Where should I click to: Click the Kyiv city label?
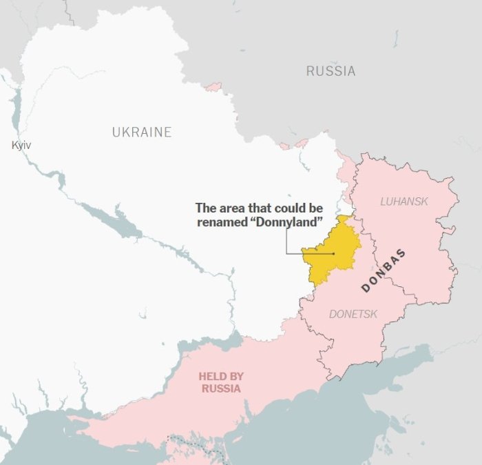coord(21,145)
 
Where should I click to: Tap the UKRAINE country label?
coord(142,132)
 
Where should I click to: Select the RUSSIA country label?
coord(331,70)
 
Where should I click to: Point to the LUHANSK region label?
coord(404,201)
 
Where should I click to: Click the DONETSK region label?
coord(353,314)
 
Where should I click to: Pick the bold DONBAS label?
coord(384,270)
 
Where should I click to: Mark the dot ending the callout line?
coord(334,253)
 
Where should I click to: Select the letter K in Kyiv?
coord(14,145)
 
